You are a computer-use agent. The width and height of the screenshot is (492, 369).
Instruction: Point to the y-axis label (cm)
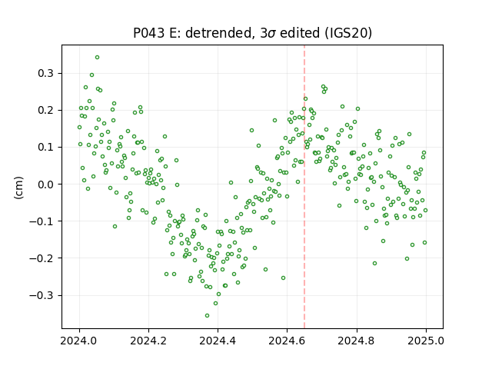tap(18, 188)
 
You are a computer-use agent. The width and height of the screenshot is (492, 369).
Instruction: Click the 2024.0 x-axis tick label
tap(79, 341)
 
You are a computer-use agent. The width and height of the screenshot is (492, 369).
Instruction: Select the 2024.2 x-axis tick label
tap(148, 341)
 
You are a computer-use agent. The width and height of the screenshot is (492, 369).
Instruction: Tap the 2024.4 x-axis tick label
tap(218, 341)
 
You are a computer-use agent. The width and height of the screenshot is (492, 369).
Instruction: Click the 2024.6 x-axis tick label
tap(287, 341)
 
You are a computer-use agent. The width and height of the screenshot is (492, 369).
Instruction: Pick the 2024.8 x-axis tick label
tap(357, 341)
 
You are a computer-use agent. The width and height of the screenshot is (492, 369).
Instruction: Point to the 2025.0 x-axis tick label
tap(426, 341)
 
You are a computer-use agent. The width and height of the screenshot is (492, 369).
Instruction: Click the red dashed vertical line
tap(304, 187)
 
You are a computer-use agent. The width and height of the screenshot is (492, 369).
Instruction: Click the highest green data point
tap(98, 58)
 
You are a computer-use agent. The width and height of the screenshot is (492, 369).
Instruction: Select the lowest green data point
tap(207, 316)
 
